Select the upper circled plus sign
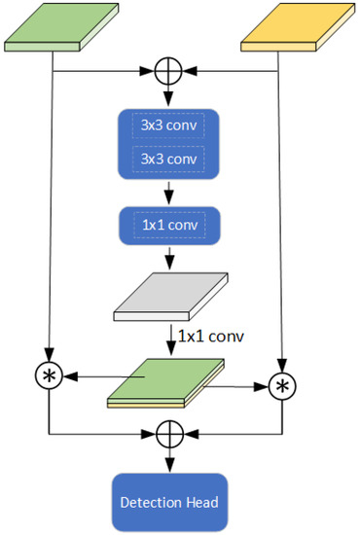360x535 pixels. pos(170,70)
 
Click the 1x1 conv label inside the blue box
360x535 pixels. pos(170,226)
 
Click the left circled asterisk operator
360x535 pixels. pos(49,374)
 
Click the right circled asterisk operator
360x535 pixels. pos(282,386)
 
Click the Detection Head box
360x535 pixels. pos(170,502)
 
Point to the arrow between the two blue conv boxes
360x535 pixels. pos(170,193)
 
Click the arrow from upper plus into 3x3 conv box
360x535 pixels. pos(170,95)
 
